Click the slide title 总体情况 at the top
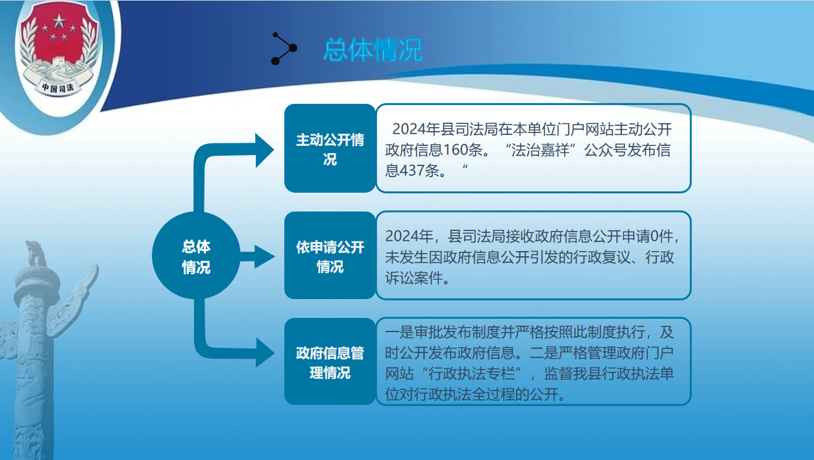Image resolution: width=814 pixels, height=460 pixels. point(373,49)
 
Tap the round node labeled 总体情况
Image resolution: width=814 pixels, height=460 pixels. point(196,256)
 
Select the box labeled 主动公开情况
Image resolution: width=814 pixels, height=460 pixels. point(330,148)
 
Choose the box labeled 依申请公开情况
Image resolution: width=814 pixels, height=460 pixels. point(330,256)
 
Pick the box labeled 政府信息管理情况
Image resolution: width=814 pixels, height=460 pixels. point(330,362)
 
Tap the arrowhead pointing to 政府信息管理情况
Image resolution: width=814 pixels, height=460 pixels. point(265,352)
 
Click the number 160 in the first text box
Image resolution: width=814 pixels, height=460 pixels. point(455,150)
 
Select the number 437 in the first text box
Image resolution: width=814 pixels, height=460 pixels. point(412,171)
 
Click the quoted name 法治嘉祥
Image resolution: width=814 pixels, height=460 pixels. point(540,150)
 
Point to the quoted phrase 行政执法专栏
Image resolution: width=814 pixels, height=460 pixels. point(472,374)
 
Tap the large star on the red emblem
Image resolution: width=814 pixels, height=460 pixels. point(59,21)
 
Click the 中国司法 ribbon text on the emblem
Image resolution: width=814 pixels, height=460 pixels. point(58,87)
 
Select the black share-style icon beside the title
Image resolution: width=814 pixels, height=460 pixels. point(284,49)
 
